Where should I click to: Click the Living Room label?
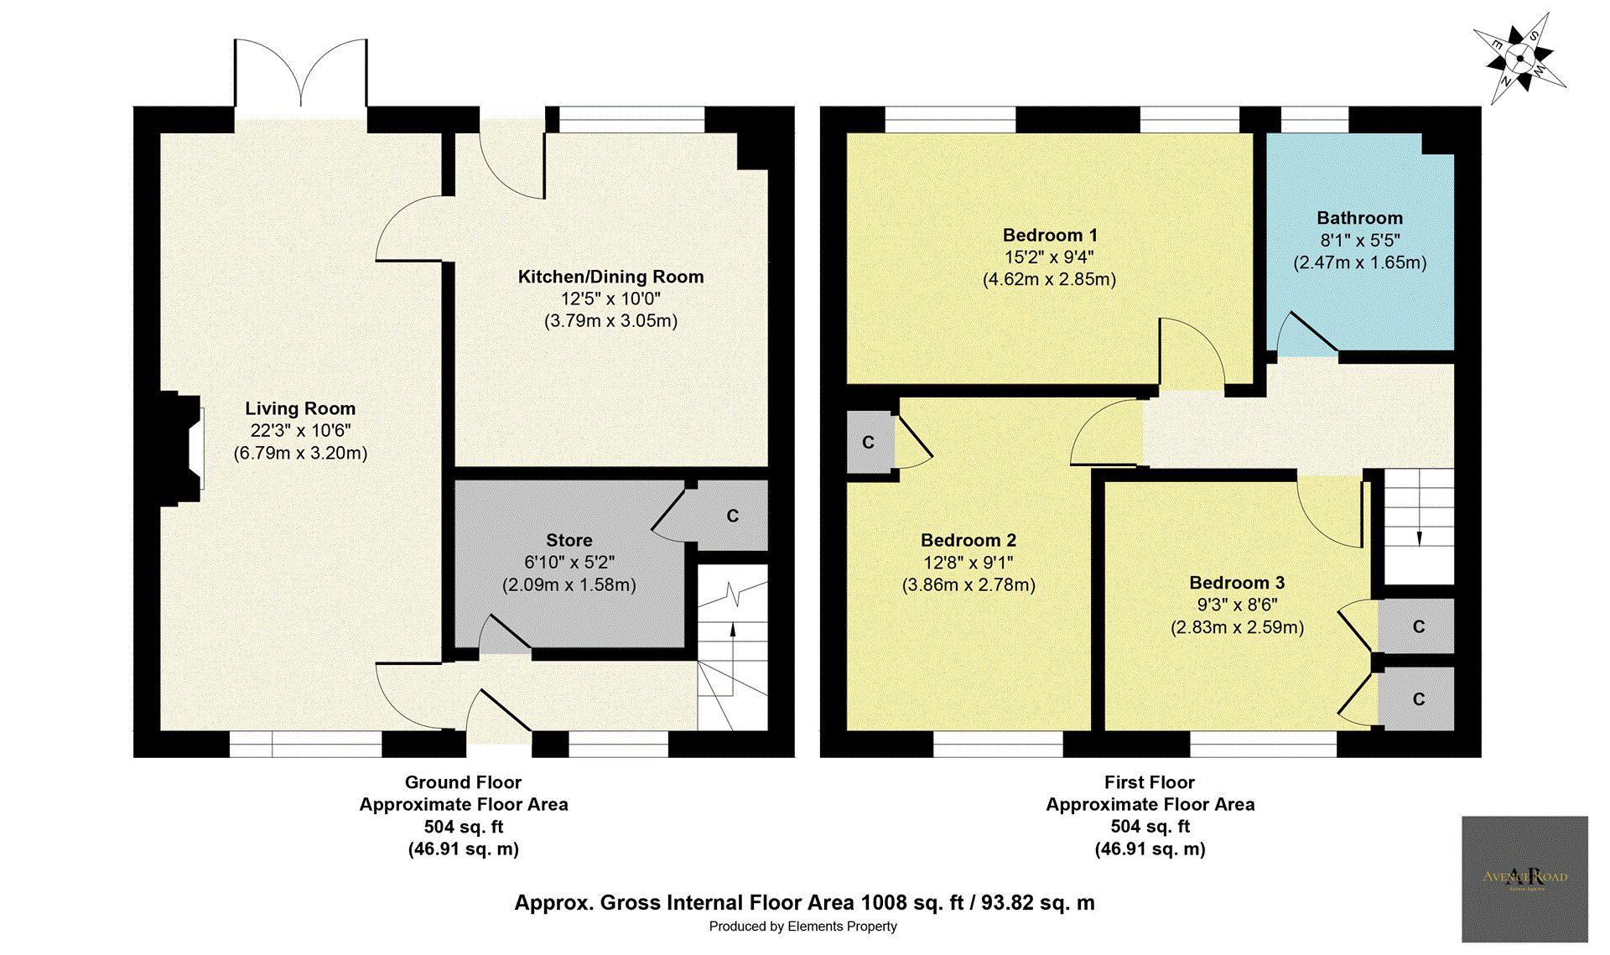300,408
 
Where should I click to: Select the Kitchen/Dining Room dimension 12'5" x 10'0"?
610,298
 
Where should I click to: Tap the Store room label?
569,540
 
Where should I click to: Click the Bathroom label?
1359,218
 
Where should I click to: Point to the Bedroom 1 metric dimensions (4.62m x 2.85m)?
1049,279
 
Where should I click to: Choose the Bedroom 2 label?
968,540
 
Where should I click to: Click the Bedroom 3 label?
1237,583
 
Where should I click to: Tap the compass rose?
1519,59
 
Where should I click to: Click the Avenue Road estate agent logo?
1524,878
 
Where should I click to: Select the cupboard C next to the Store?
732,516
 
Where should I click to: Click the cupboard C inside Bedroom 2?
868,442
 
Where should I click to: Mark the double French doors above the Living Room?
300,80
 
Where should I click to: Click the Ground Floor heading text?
463,782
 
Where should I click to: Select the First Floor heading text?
1149,782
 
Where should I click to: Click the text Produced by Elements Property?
802,926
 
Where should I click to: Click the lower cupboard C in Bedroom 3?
1418,699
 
